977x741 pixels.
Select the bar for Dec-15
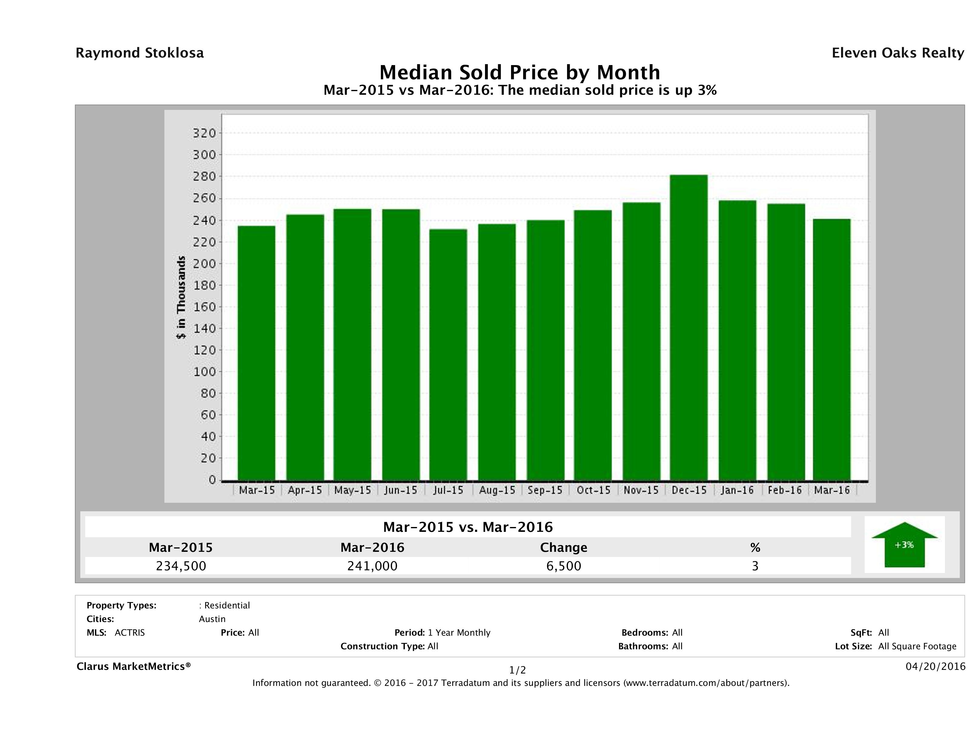click(x=688, y=328)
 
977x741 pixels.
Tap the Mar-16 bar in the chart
click(x=832, y=350)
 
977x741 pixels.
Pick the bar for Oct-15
click(x=593, y=345)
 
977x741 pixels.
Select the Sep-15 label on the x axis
click(x=545, y=490)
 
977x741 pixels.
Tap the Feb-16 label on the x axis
click(x=785, y=490)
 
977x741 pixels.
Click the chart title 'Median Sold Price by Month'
click(x=520, y=72)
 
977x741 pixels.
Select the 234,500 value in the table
click(x=181, y=566)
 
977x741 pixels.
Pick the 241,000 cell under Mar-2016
click(x=372, y=566)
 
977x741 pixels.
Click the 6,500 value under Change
click(x=564, y=566)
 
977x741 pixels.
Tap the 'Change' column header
click(x=564, y=548)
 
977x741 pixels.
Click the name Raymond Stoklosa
click(x=140, y=53)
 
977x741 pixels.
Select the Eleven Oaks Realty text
click(x=897, y=53)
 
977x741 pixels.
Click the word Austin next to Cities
click(x=212, y=619)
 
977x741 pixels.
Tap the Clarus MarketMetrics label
click(x=134, y=666)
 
